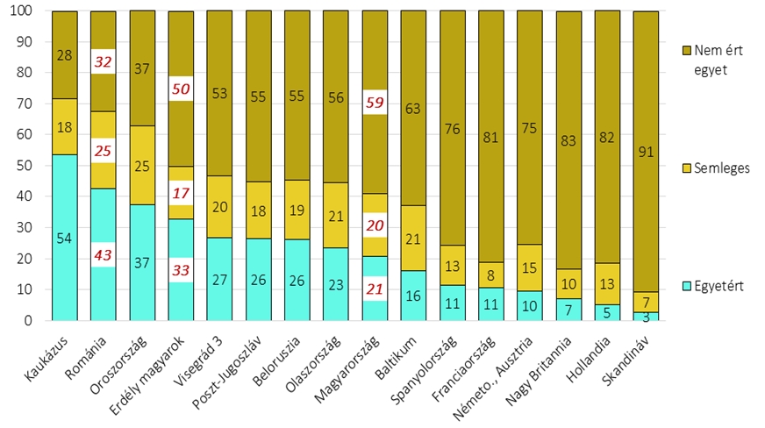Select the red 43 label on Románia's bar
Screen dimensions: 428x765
point(103,254)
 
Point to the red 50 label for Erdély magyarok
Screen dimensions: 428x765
point(181,89)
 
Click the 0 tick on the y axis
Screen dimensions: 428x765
point(26,321)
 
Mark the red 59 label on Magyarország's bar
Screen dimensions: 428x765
point(375,102)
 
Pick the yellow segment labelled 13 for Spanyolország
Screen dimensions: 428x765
point(452,265)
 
